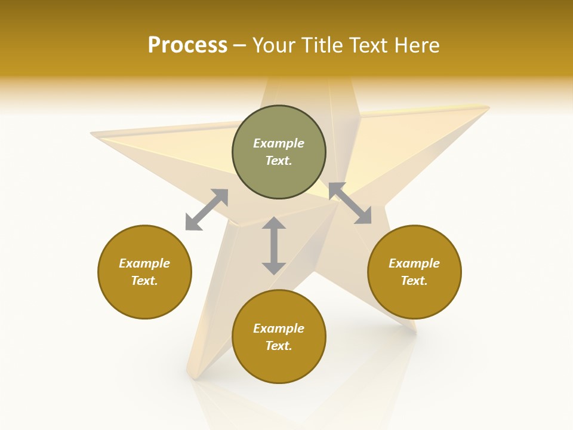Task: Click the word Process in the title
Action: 187,45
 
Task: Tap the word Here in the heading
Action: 415,45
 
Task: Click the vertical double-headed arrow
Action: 274,245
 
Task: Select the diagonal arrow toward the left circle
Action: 207,210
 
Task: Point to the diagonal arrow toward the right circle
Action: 350,203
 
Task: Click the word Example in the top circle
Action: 279,143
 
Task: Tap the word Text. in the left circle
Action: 144,281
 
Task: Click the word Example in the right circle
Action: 414,263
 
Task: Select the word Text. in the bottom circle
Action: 279,346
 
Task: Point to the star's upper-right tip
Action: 486,108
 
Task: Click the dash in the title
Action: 240,45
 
